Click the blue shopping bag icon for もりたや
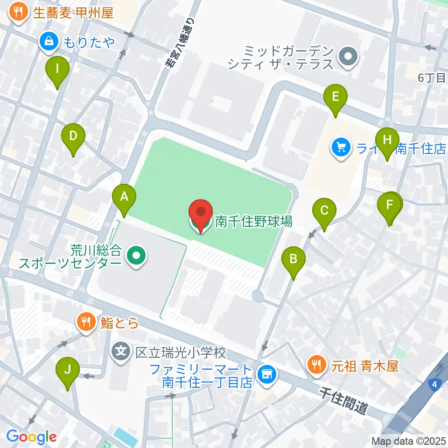pos(48,42)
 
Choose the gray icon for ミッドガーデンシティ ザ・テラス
pos(348,57)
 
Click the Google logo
pos(31,437)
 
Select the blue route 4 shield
pos(434,384)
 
